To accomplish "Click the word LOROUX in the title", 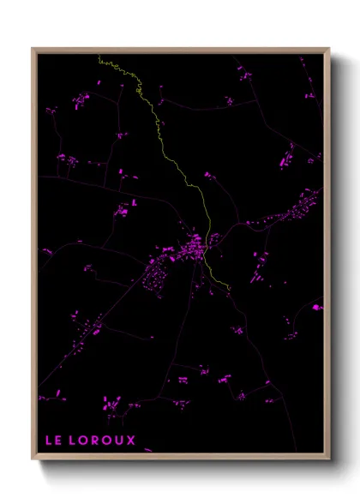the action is [105, 440].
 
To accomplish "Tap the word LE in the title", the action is [54, 440].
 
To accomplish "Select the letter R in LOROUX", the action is [99, 440].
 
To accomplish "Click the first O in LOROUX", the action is [89, 440].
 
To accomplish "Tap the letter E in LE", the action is [60, 440].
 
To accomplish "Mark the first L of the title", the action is [49, 440].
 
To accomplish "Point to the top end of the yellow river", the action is [99, 57].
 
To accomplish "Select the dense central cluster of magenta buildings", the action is [190, 249].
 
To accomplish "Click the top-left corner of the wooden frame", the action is [33, 49].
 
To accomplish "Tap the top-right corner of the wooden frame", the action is [328, 49].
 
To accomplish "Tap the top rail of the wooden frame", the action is [180, 50].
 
